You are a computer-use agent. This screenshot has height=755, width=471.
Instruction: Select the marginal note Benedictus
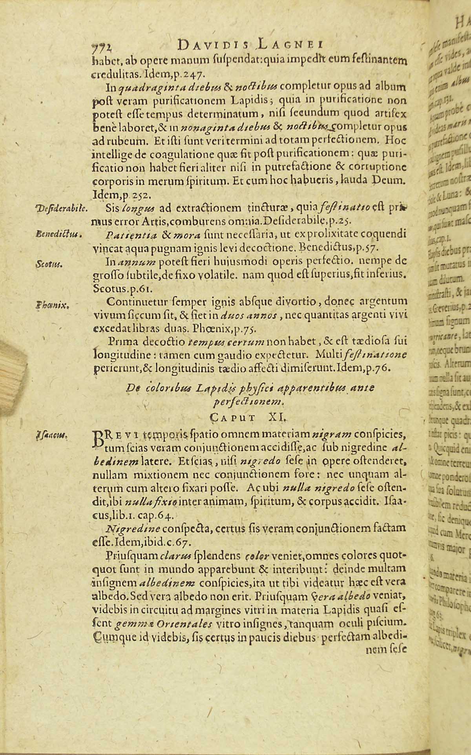pyautogui.click(x=58, y=235)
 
